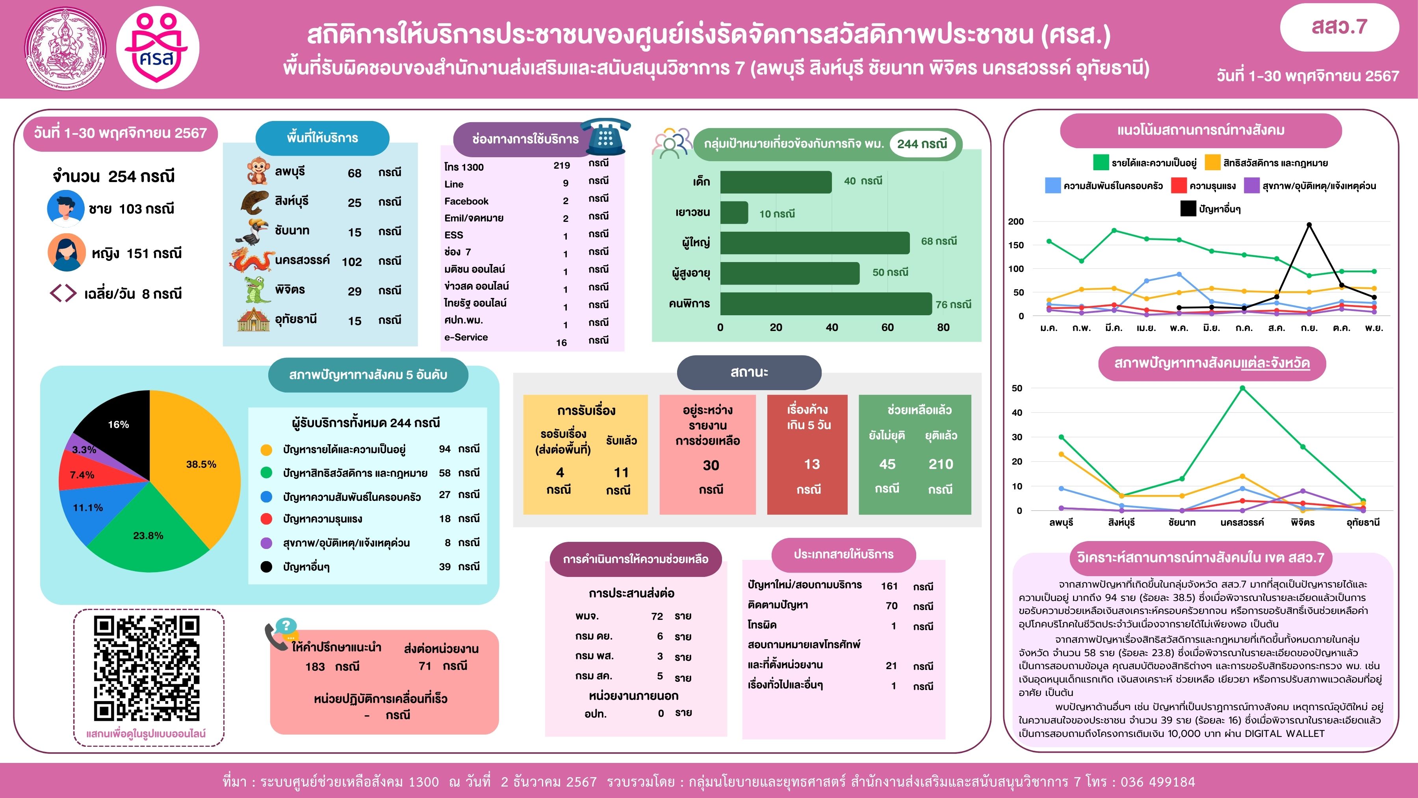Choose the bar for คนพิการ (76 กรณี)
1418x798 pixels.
tap(826, 303)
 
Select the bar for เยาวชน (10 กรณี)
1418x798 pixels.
tap(734, 212)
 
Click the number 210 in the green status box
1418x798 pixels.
tap(941, 464)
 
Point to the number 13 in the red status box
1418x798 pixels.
tap(811, 464)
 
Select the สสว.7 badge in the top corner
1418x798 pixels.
tap(1339, 27)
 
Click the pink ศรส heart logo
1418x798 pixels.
tap(158, 48)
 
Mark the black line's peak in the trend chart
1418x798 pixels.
tap(1308, 225)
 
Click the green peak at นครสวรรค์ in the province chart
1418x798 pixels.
tap(1242, 388)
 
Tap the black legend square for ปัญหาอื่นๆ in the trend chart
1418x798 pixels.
tap(1188, 209)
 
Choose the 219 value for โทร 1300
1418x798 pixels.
tap(561, 165)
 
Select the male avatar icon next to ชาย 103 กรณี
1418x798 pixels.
tap(65, 208)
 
